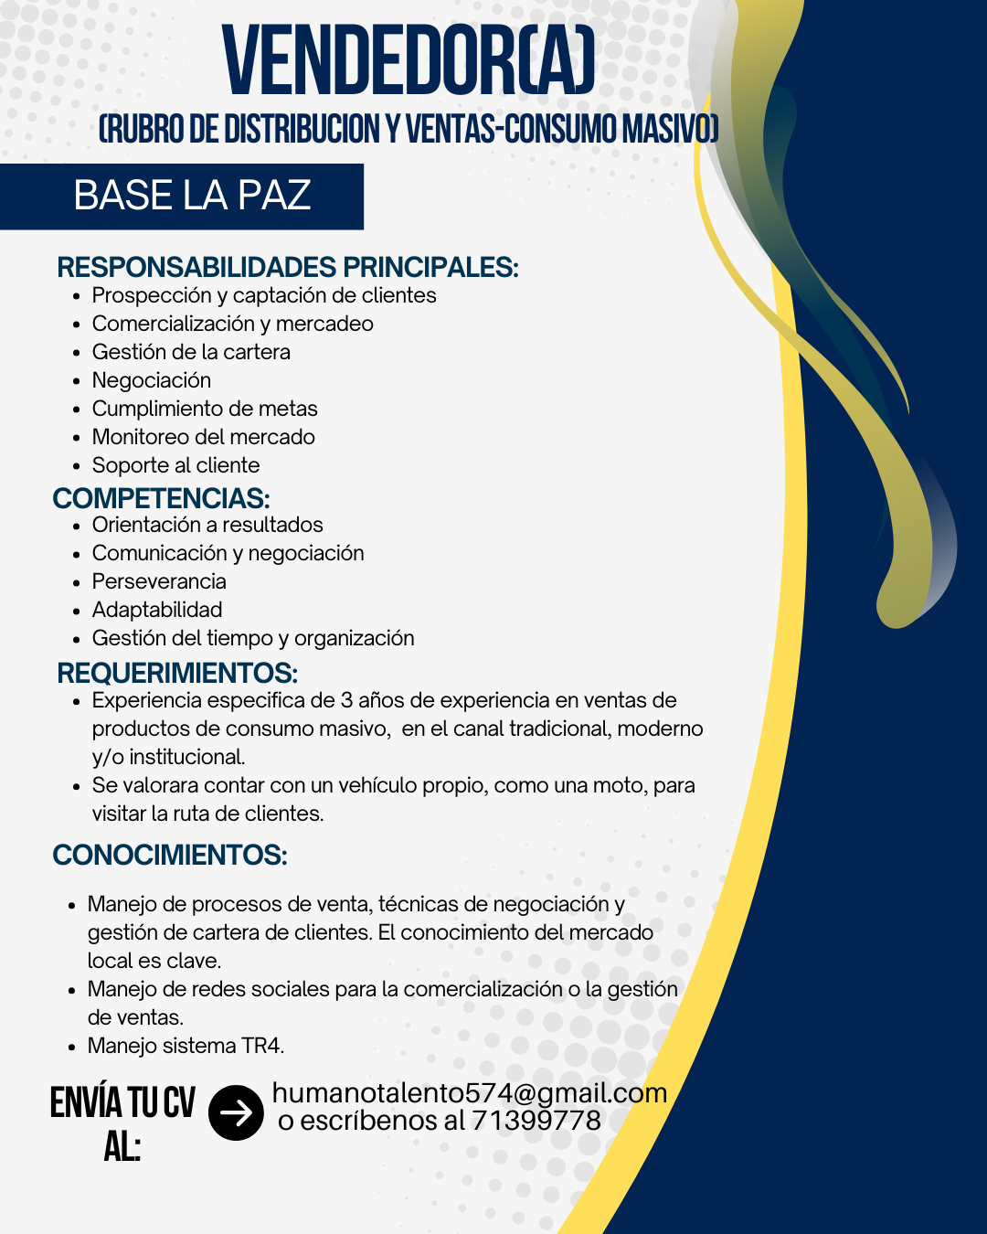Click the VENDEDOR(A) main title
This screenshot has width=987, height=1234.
[x=409, y=62]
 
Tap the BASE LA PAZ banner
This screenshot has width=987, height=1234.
[x=192, y=196]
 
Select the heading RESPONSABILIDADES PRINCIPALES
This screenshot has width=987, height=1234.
[x=287, y=268]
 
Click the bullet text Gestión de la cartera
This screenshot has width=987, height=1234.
[x=191, y=352]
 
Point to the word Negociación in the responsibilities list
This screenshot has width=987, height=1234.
[x=152, y=380]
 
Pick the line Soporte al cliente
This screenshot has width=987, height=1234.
[x=175, y=465]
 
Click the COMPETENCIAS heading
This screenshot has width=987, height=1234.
[x=162, y=498]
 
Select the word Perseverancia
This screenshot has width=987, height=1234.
[x=159, y=581]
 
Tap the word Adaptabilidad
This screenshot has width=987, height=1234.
[x=157, y=610]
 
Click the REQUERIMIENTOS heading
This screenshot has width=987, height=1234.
[x=177, y=674]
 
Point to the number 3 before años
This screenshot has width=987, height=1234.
[x=346, y=700]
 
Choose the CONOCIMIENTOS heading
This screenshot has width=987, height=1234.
[x=170, y=856]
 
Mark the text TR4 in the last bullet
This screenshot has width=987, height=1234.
[x=262, y=1046]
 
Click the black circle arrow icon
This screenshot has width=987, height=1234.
[x=236, y=1112]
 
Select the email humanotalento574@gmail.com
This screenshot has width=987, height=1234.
[x=469, y=1093]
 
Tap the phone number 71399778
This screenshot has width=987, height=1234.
[x=536, y=1121]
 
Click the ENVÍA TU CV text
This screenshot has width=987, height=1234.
[x=122, y=1103]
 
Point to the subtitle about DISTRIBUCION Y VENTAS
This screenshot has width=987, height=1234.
[x=409, y=130]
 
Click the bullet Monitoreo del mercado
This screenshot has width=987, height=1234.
[x=203, y=437]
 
